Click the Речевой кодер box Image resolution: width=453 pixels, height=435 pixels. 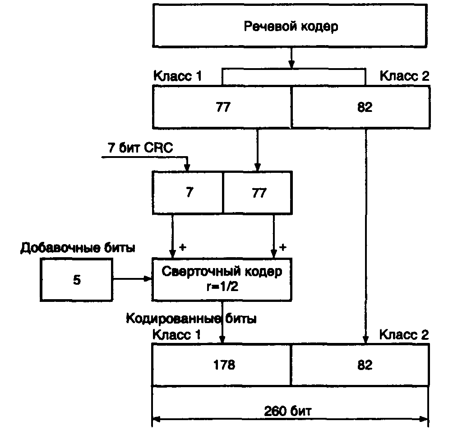tap(291, 25)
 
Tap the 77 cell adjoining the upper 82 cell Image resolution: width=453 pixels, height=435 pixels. tap(222, 107)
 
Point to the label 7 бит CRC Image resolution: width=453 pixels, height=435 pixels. tap(140, 148)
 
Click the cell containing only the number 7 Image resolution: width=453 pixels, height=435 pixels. tap(188, 192)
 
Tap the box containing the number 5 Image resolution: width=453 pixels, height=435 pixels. tap(77, 280)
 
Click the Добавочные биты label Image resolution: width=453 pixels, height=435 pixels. tap(78, 248)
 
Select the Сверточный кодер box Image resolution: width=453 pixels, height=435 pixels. tap(222, 278)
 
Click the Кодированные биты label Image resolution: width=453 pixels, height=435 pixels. tap(191, 319)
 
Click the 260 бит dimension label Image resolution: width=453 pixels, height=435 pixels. tap(289, 411)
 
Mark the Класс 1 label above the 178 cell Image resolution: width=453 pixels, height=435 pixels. tap(177, 334)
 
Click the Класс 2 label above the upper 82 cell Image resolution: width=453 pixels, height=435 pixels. tap(404, 75)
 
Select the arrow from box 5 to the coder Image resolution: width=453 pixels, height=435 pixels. tap(133, 280)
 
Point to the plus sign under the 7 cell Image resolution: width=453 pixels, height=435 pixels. tap(183, 247)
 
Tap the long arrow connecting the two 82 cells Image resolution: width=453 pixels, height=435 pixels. tap(365, 235)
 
